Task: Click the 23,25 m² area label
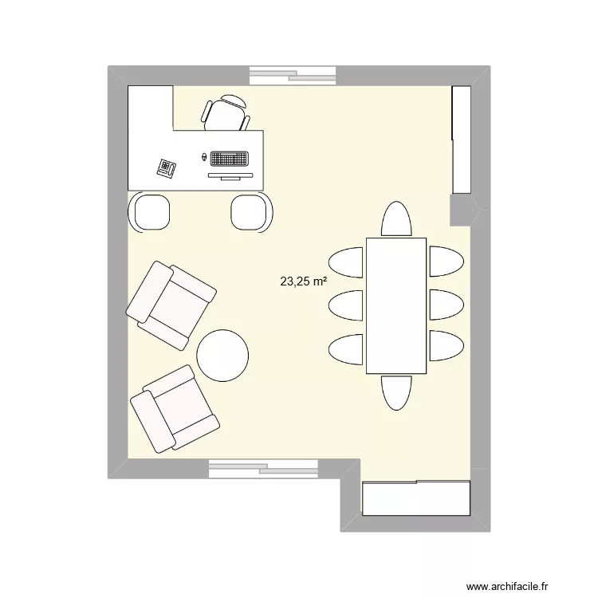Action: (x=303, y=281)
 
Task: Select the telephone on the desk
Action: (x=167, y=168)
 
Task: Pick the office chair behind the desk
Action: (x=226, y=112)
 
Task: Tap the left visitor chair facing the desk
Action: (x=150, y=212)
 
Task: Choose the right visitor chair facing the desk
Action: (x=252, y=212)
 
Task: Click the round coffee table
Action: (x=222, y=356)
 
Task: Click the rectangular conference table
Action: (x=396, y=305)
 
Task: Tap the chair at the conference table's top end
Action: (x=396, y=220)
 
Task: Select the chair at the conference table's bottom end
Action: (x=396, y=391)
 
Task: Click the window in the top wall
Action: (x=293, y=76)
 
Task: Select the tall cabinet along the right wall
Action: (x=462, y=140)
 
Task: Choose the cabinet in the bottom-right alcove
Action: (x=415, y=498)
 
